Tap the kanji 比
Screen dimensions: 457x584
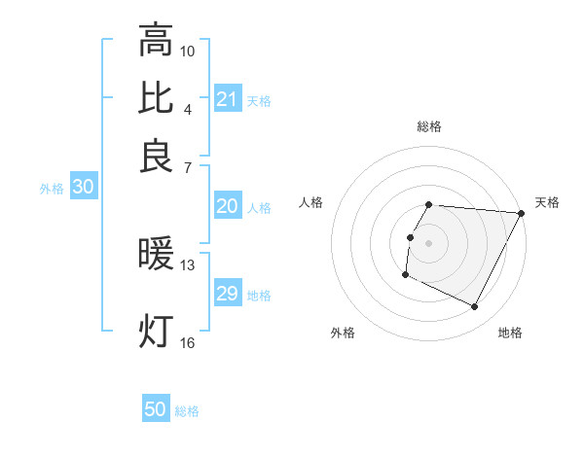[156, 98]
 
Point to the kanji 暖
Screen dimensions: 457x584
[156, 255]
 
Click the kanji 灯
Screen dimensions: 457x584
[156, 331]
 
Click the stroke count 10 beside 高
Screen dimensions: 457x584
[188, 50]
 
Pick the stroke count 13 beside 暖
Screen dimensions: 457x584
[188, 264]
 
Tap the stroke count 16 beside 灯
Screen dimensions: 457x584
[188, 341]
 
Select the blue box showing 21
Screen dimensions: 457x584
[227, 99]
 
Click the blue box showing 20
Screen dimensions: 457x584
[227, 206]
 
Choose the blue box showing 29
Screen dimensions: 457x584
[227, 294]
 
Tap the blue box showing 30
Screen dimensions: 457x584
[82, 188]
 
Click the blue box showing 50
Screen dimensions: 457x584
[156, 410]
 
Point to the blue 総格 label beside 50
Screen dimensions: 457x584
[187, 411]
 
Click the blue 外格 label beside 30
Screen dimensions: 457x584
[52, 189]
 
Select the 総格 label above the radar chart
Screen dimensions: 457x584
[429, 126]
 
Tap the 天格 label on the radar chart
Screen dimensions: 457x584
[547, 202]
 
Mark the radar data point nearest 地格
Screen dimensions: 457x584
[475, 307]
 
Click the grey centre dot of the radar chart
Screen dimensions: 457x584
[429, 242]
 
